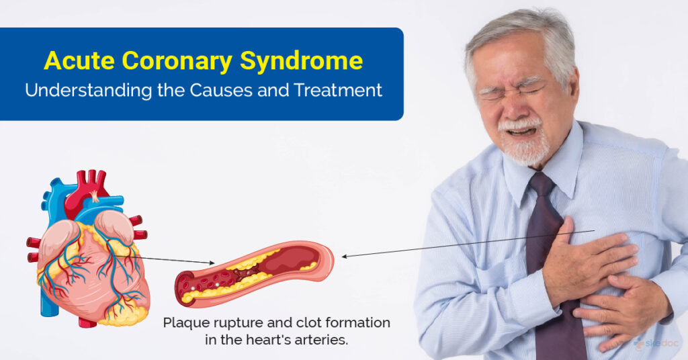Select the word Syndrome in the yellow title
click(302, 61)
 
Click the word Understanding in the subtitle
click(88, 91)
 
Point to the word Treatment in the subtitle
click(339, 90)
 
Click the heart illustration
click(88, 249)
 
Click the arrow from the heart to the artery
click(164, 259)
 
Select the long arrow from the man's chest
click(468, 243)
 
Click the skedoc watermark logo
click(656, 343)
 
